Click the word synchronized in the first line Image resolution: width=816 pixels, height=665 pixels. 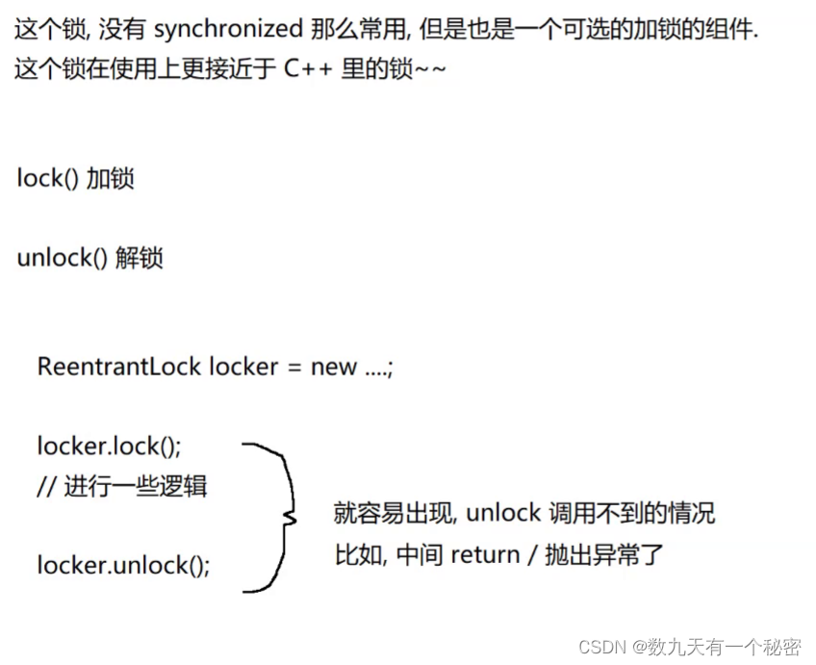tap(228, 30)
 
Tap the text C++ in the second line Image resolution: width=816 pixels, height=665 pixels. tap(309, 71)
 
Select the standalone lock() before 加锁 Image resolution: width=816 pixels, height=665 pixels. tap(47, 179)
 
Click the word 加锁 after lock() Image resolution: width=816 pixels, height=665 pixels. tap(111, 179)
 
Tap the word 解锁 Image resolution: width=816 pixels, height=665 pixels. tap(140, 258)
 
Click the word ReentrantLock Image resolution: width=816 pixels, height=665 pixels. tap(119, 367)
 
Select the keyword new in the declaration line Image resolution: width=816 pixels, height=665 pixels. tap(333, 367)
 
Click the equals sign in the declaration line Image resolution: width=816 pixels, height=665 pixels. tap(293, 368)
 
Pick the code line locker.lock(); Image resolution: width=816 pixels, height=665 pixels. tap(109, 447)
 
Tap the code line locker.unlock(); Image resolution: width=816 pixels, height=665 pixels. tap(123, 565)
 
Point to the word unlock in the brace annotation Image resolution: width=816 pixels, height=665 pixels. tap(503, 513)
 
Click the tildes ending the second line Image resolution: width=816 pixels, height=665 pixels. tap(430, 71)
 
